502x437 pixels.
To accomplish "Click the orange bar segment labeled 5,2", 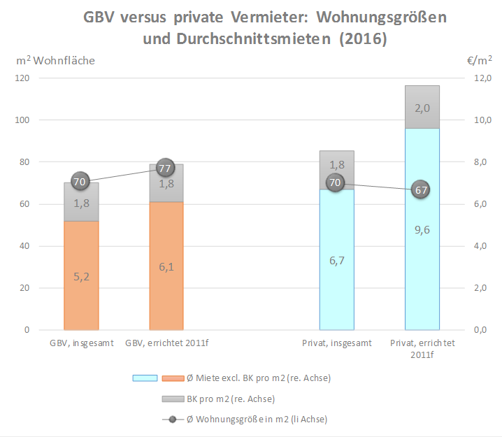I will click(x=81, y=275).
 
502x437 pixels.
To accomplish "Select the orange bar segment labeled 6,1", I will click(x=166, y=266).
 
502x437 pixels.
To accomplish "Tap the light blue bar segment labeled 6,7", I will click(x=336, y=259).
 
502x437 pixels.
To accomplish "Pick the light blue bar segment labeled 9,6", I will click(x=422, y=229).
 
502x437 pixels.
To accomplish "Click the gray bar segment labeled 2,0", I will click(x=422, y=107).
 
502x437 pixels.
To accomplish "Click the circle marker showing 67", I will click(x=420, y=189).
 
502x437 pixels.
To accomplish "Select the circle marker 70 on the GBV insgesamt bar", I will click(x=80, y=182).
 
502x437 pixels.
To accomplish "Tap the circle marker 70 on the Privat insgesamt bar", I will click(x=335, y=183).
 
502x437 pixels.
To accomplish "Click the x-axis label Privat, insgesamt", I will click(x=336, y=343).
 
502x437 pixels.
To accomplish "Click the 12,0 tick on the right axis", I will click(x=482, y=78).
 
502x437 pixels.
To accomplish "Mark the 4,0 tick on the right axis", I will click(x=482, y=246).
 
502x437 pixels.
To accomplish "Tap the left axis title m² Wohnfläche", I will click(x=55, y=61).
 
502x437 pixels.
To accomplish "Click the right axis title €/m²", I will click(x=480, y=61).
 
